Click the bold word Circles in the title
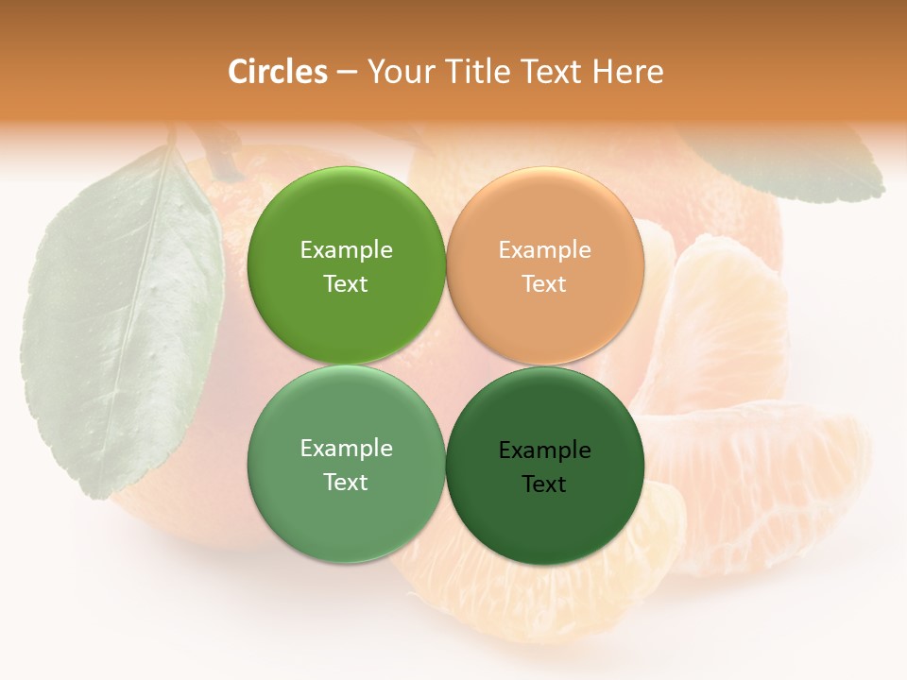tap(278, 72)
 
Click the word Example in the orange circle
tap(544, 250)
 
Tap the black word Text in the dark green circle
tap(544, 484)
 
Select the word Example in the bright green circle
tap(346, 250)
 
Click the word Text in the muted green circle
tap(346, 483)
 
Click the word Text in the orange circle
tap(544, 284)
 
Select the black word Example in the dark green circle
tap(544, 450)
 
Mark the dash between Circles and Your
tap(347, 73)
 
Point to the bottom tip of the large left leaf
tap(94, 496)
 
